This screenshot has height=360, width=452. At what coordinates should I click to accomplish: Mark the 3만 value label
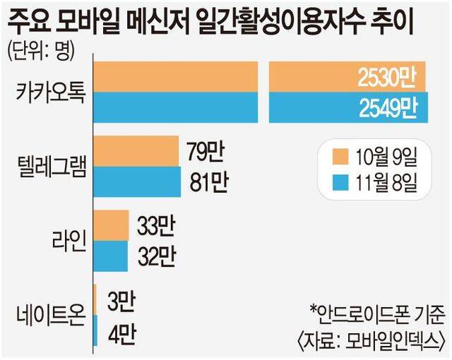coord(117,300)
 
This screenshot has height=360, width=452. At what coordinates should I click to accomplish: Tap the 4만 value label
coord(117,331)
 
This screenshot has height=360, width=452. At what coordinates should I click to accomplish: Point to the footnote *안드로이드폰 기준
coord(379,312)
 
